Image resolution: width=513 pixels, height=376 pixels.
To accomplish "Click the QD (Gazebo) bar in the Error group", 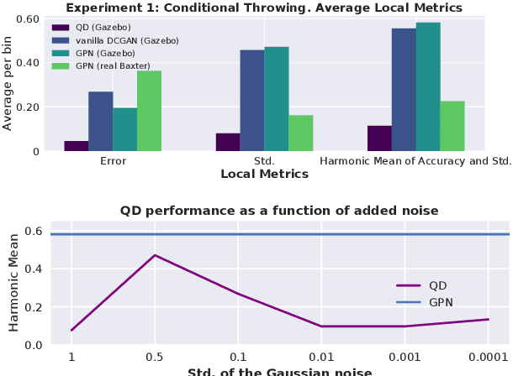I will coord(77,146).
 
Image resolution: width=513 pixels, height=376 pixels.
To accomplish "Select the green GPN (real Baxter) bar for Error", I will coord(150,111).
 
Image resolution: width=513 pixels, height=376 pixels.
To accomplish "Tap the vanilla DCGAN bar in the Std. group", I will coord(252,101).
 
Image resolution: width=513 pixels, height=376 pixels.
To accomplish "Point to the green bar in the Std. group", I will coord(301,133).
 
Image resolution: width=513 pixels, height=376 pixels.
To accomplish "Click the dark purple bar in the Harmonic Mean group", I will coord(379,138).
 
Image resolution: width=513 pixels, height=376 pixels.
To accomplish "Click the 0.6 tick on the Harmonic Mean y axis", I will coord(33,231).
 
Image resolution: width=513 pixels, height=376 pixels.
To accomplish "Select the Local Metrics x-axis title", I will coord(264,175).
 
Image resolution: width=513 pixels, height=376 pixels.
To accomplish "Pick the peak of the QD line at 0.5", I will coord(155,255).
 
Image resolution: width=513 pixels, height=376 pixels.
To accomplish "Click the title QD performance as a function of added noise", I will coord(279,210).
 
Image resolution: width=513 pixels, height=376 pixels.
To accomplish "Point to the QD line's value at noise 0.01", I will coord(321,326).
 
